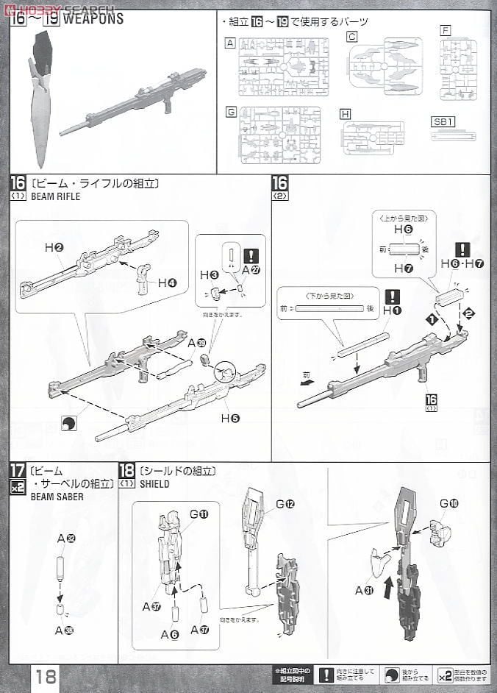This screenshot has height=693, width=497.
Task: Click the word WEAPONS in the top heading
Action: click(x=93, y=19)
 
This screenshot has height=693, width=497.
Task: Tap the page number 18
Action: click(x=46, y=676)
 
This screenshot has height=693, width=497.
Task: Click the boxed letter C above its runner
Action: click(x=352, y=36)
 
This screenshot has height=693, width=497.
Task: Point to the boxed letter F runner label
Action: click(x=445, y=30)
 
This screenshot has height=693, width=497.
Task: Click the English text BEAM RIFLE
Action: click(x=55, y=197)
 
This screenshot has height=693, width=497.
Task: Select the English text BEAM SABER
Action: click(x=57, y=497)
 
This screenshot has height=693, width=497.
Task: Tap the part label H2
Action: click(x=54, y=249)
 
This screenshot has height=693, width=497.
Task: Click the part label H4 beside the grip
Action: click(x=167, y=282)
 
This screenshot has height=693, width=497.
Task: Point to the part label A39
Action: click(x=196, y=343)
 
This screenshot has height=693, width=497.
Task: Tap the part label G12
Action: click(x=285, y=504)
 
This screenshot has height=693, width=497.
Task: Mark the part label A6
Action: click(x=169, y=635)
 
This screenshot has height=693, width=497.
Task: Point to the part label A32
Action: click(x=66, y=539)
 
